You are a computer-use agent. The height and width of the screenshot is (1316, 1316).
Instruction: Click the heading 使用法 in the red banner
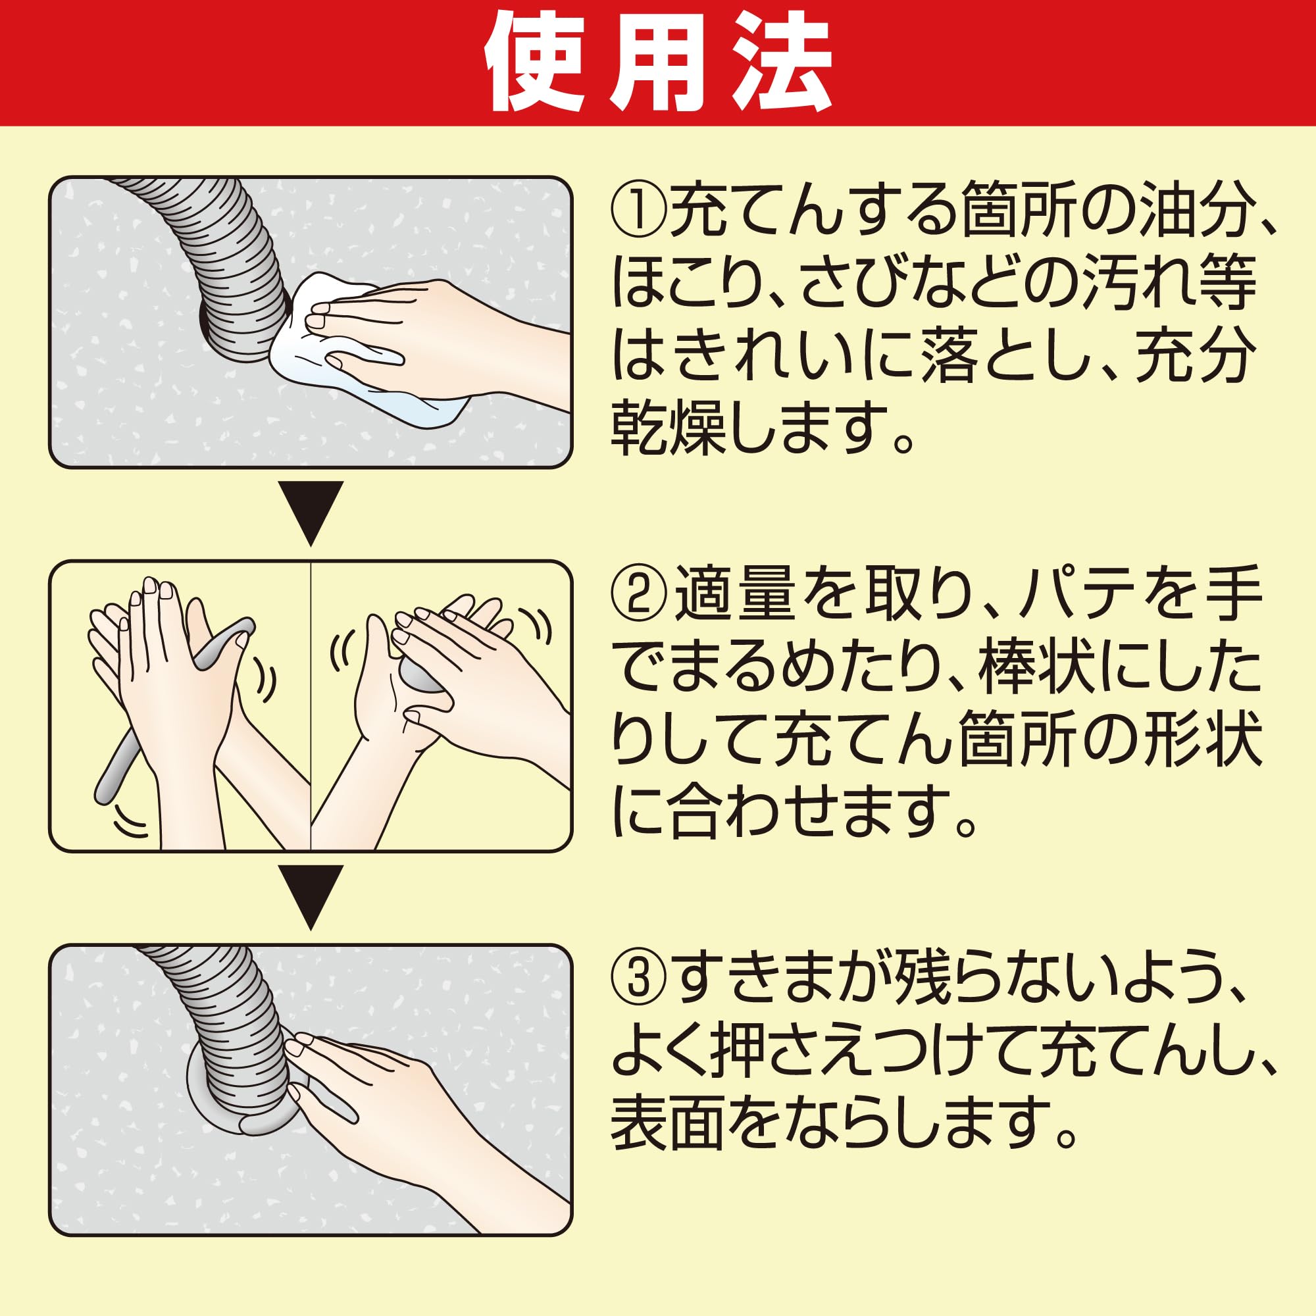pyautogui.click(x=657, y=63)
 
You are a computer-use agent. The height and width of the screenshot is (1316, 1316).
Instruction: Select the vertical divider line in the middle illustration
pyautogui.click(x=311, y=705)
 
